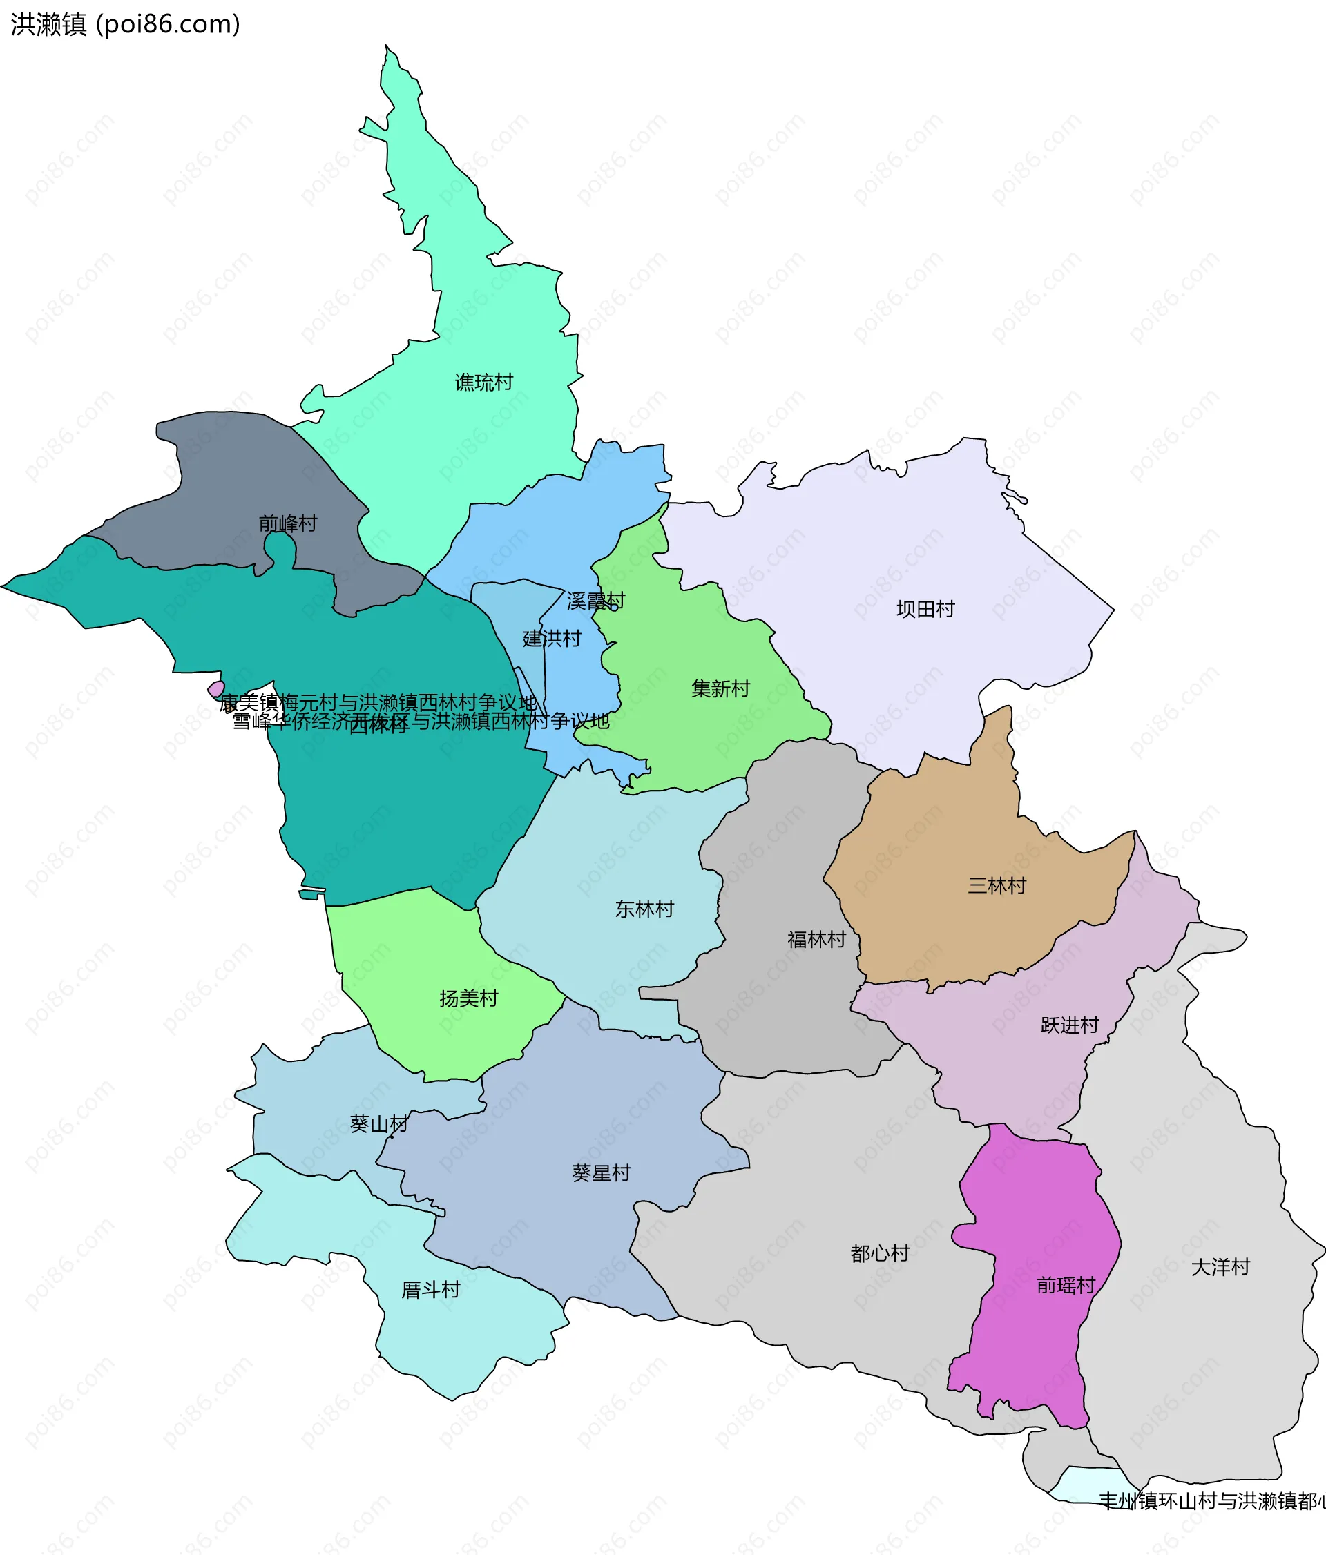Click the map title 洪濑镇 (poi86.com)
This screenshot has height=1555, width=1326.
[125, 24]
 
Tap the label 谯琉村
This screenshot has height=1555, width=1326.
[483, 383]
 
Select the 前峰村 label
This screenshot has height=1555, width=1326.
[287, 523]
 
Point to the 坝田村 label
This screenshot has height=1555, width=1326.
[925, 610]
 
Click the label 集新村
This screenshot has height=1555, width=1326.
[720, 688]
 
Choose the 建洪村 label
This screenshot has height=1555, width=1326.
[552, 639]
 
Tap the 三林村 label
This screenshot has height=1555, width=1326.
[997, 886]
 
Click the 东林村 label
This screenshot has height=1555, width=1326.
[644, 909]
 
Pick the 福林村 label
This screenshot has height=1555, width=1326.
[816, 940]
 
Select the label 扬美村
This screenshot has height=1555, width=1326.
[468, 999]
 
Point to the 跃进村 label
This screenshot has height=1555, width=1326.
[1069, 1025]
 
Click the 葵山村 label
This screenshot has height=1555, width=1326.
[379, 1124]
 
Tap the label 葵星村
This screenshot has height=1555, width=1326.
[601, 1173]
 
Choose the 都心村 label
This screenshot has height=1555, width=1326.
[879, 1253]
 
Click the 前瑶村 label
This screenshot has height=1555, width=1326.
[1066, 1286]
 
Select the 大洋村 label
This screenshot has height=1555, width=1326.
[1220, 1268]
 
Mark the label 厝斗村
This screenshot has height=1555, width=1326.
[430, 1290]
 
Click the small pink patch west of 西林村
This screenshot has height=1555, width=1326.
[216, 689]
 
